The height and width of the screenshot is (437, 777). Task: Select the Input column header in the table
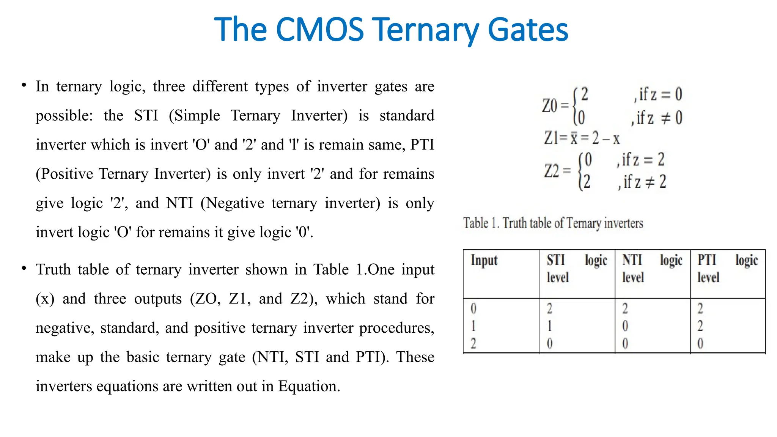[x=484, y=260]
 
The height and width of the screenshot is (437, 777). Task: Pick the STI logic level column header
[x=577, y=269]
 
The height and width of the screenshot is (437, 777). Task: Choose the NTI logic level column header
[x=652, y=269]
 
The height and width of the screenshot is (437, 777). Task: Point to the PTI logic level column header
[x=727, y=269]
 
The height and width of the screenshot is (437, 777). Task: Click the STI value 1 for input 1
[x=549, y=326]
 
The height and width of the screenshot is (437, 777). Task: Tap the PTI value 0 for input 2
[x=700, y=343]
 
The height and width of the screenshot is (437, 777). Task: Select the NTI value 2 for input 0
[x=625, y=308]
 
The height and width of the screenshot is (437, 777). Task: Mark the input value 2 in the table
[x=473, y=343]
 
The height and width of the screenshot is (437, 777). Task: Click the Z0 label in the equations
[x=550, y=106]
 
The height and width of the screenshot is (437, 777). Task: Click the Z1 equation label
[x=551, y=138]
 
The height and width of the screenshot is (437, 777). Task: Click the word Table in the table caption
[x=476, y=223]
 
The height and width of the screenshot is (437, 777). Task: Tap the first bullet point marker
[x=24, y=85]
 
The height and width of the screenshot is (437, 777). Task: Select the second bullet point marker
[x=24, y=269]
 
